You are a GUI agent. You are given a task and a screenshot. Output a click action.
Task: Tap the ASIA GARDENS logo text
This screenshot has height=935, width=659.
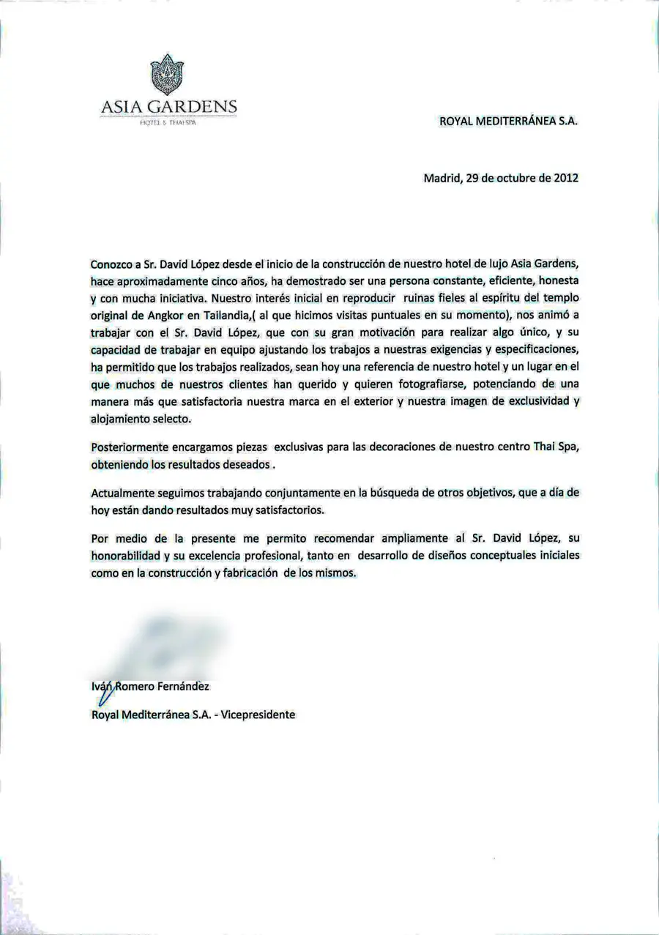pos(168,108)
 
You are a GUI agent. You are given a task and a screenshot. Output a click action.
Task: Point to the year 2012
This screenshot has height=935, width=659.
pos(565,177)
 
